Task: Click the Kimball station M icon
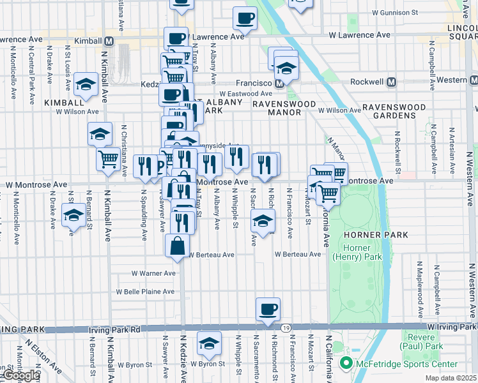pyautogui.click(x=109, y=41)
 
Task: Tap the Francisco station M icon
pyautogui.click(x=279, y=83)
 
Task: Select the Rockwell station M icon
pyautogui.click(x=390, y=82)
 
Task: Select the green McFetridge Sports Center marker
pyautogui.click(x=346, y=364)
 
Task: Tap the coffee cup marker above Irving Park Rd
pyautogui.click(x=268, y=310)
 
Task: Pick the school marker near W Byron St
pyautogui.click(x=209, y=343)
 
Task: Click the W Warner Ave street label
pyautogui.click(x=153, y=273)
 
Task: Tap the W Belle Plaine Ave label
pyautogui.click(x=145, y=292)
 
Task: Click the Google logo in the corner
pyautogui.click(x=21, y=376)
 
